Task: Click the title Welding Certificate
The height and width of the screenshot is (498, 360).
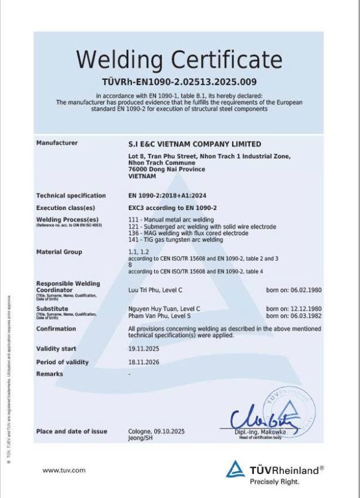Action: pyautogui.click(x=179, y=60)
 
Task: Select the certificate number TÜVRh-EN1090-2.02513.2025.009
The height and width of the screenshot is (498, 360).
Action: pyautogui.click(x=179, y=82)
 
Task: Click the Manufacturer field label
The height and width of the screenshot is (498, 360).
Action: pyautogui.click(x=57, y=143)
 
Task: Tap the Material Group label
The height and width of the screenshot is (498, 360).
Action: pyautogui.click(x=59, y=252)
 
